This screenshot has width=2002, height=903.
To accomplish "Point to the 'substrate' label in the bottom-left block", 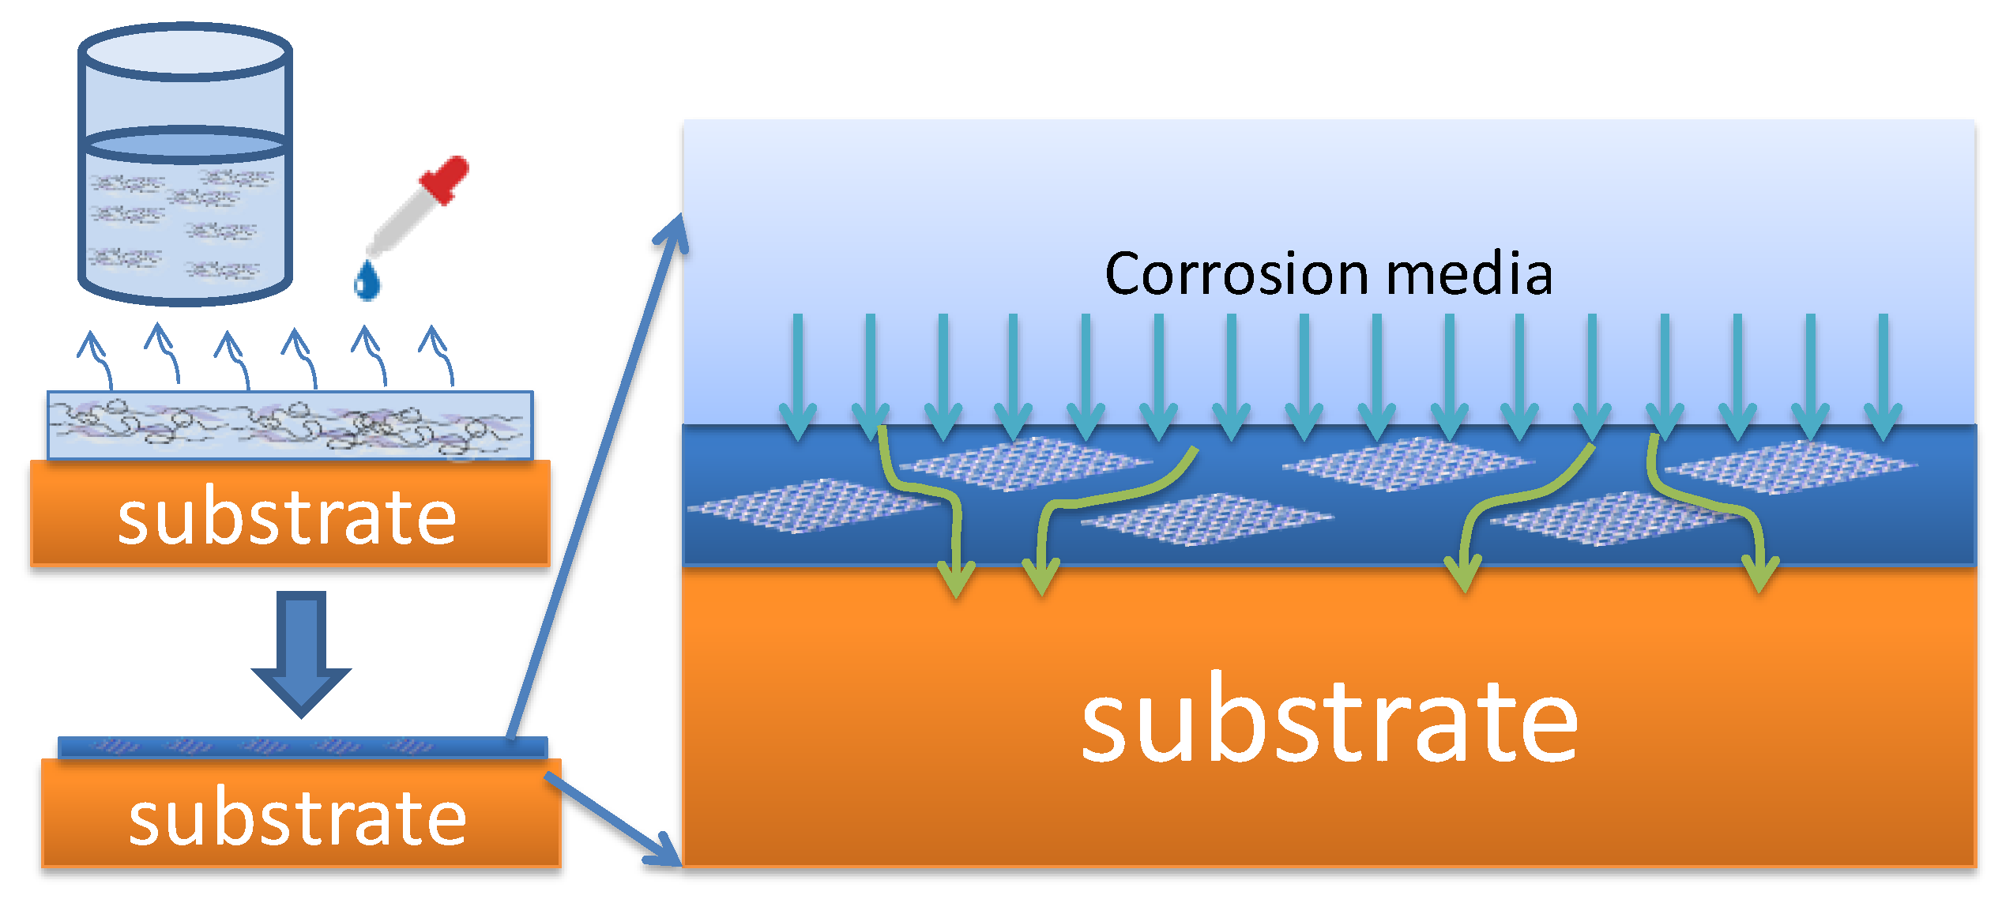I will [x=298, y=818].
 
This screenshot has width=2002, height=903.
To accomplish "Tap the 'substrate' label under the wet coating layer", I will [x=287, y=517].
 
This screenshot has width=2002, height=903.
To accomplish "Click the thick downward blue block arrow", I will [x=301, y=653].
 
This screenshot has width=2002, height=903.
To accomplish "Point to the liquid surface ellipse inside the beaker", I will [x=186, y=145].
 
